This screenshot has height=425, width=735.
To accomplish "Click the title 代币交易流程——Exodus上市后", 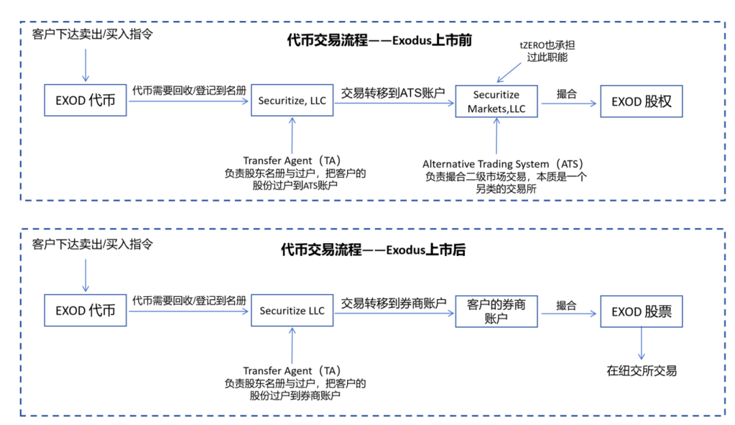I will [374, 250].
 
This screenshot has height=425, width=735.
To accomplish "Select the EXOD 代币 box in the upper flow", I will [85, 101].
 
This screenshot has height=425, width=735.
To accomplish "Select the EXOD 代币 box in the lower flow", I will [85, 311].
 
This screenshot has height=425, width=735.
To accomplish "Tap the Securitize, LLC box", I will [292, 101].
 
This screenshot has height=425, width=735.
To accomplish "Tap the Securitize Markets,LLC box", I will [496, 101].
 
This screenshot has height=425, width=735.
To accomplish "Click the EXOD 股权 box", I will [641, 101].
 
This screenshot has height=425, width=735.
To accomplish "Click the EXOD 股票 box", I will [641, 311].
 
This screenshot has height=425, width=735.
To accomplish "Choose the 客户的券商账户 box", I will [496, 311].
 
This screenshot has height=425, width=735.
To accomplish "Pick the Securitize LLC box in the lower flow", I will [292, 311].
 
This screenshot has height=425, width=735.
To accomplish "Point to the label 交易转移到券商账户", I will [393, 302].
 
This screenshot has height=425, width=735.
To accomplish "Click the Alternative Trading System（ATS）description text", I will [504, 176].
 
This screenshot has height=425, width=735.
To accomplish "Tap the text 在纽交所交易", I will [642, 371].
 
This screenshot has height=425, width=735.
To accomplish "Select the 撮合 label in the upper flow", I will [566, 94].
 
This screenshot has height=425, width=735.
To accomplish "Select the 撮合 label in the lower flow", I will [566, 305].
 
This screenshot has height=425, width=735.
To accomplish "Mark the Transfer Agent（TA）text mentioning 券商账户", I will [295, 383].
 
